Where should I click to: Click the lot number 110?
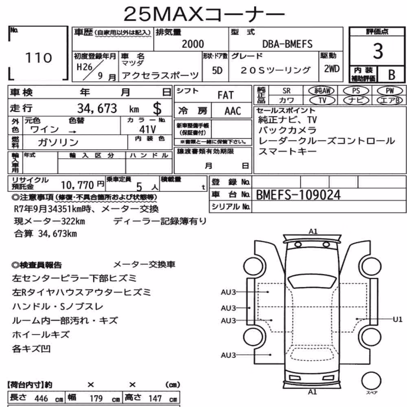[39, 58]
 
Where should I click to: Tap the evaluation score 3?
[378, 51]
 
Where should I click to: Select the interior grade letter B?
[392, 75]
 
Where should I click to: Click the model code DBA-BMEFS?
[287, 44]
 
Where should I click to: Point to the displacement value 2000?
[193, 44]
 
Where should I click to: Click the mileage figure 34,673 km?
[108, 109]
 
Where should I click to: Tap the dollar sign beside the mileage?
[157, 109]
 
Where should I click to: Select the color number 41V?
[147, 129]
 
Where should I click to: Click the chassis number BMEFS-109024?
[298, 195]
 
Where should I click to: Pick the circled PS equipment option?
[356, 91]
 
